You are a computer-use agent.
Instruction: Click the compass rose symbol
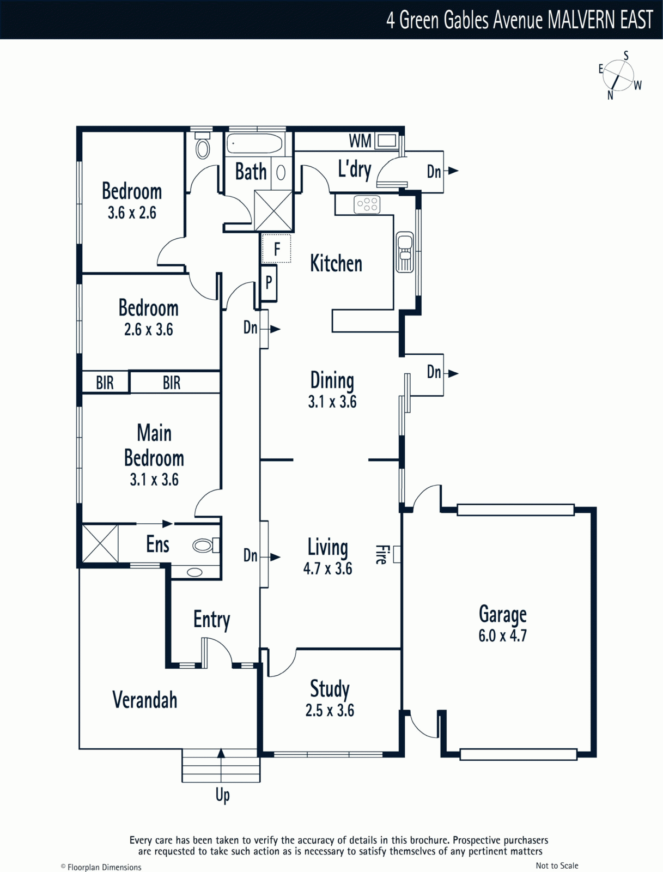pos(618,76)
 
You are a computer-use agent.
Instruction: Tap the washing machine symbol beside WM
pos(386,141)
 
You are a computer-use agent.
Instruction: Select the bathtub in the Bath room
pos(254,144)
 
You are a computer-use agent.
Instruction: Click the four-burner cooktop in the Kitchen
pos(367,205)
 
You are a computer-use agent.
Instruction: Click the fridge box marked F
pos(276,249)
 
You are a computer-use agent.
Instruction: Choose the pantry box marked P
pos(269,282)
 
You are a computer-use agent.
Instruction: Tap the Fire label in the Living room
pos(381,554)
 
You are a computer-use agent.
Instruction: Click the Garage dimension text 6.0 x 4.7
pos(502,635)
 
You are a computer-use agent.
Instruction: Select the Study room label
pos(330,689)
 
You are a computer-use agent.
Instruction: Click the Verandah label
pos(145,700)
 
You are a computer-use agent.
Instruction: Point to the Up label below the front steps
pos(222,795)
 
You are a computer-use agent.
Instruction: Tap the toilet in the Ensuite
pos(205,545)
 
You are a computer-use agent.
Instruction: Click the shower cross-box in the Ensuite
pos(100,543)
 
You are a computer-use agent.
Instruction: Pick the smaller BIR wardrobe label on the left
pos(105,383)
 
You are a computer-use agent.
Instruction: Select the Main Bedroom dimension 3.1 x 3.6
pos(154,480)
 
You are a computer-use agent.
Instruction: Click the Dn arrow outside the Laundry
pos(452,171)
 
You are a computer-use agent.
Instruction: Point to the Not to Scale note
pos(557,865)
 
